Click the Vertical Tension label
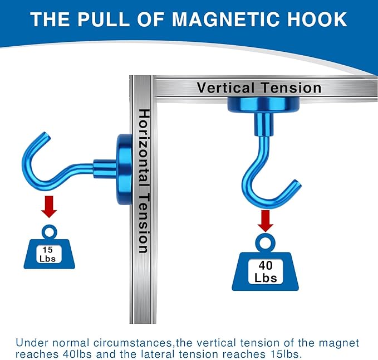259,88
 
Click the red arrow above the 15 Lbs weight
49,207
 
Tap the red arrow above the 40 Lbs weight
266,220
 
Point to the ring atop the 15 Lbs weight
48,230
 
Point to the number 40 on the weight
266,265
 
